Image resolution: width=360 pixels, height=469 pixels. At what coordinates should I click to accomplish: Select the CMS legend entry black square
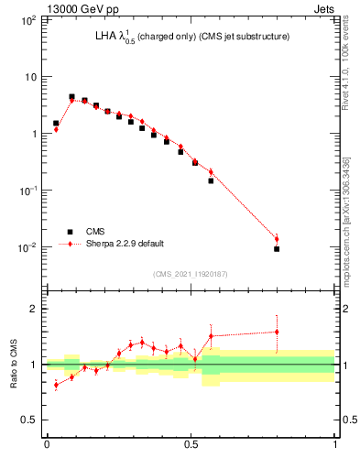tap(68, 232)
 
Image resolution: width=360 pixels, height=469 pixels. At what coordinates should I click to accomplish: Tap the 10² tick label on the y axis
tap(28, 19)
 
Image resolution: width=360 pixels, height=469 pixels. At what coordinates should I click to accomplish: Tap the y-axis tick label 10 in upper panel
tap(30, 76)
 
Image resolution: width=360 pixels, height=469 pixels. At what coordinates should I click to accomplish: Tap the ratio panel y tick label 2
tap(36, 309)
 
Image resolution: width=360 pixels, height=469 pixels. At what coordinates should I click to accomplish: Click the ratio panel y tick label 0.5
tap(31, 420)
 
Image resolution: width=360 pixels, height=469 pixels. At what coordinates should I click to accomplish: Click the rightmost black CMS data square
tap(277, 248)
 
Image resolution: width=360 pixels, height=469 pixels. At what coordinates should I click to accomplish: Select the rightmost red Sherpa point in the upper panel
tap(277, 239)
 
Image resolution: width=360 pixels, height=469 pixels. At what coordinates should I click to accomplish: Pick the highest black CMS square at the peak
tap(71, 96)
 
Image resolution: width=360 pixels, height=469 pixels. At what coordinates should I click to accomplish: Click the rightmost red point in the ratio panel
tap(277, 332)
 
